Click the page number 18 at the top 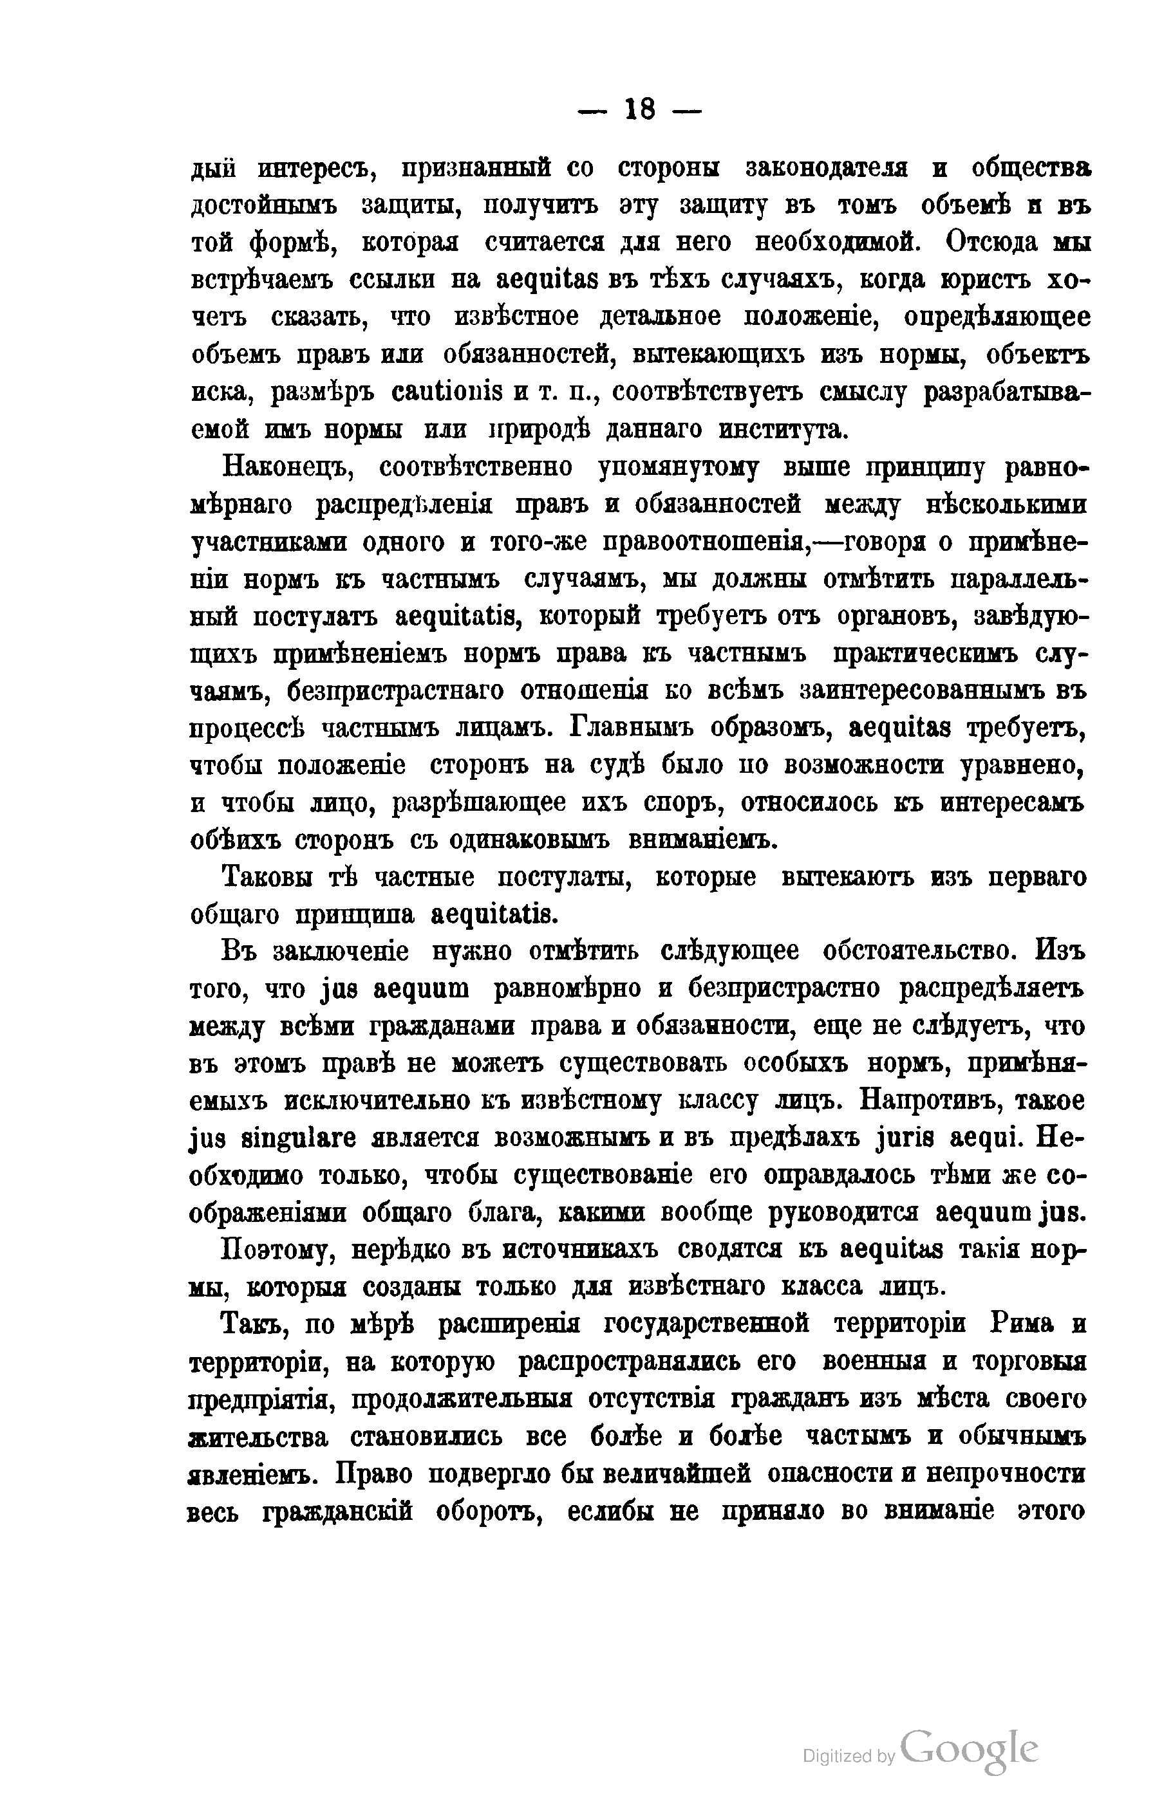(x=639, y=111)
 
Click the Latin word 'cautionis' (x=447, y=393)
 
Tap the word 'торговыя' (x=1028, y=1362)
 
